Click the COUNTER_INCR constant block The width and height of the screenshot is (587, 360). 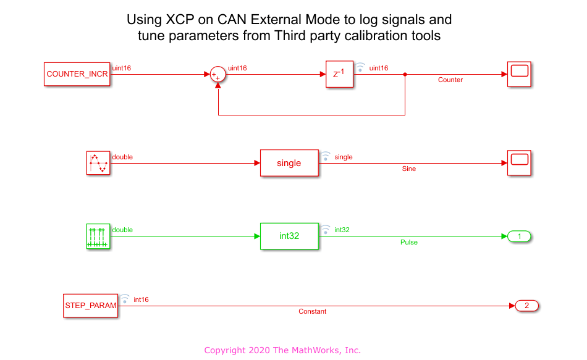point(77,74)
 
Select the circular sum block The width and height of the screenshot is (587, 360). point(218,74)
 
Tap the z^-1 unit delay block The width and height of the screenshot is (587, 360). point(340,74)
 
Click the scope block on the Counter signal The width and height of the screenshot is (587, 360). point(519,74)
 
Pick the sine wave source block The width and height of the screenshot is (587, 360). point(98,163)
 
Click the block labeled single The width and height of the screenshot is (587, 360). point(289,163)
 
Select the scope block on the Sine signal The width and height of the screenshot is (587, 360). point(519,163)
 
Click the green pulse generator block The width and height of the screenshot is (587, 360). point(98,236)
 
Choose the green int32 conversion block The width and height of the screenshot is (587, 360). point(289,236)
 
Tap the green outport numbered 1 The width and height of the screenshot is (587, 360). point(519,236)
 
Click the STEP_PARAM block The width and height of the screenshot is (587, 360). point(91,306)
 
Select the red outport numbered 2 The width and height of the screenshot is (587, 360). point(526,306)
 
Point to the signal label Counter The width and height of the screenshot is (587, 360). point(450,80)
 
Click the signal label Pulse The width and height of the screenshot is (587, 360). point(409,242)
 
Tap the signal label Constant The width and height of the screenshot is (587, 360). point(312,311)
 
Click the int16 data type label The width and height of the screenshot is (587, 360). point(141,299)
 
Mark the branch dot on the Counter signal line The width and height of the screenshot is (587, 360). point(405,75)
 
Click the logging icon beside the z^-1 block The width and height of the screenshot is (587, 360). point(360,67)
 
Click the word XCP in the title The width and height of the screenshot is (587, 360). point(180,20)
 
